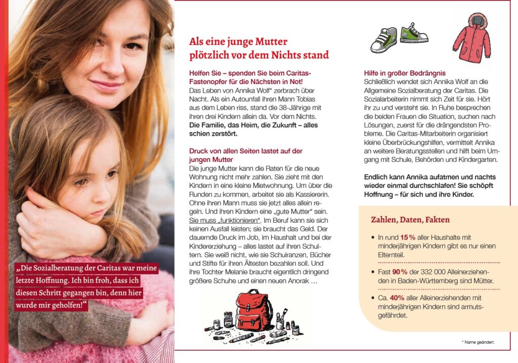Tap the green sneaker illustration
coord(414,33)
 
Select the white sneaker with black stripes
coord(384,41)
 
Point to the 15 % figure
coord(408,237)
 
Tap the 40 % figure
coord(397,298)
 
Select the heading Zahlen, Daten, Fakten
coord(410,220)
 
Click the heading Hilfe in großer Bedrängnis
coord(405,73)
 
